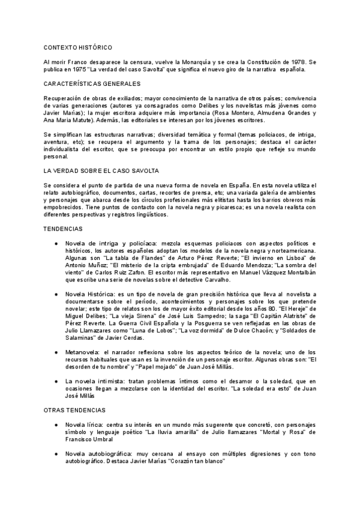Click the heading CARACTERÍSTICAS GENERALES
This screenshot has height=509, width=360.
pos(92,83)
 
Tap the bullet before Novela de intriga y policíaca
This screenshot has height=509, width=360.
pos(56,243)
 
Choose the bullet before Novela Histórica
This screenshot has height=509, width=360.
pos(56,294)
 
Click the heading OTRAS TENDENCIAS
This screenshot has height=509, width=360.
pos(75,409)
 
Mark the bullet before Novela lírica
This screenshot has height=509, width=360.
pos(56,424)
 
